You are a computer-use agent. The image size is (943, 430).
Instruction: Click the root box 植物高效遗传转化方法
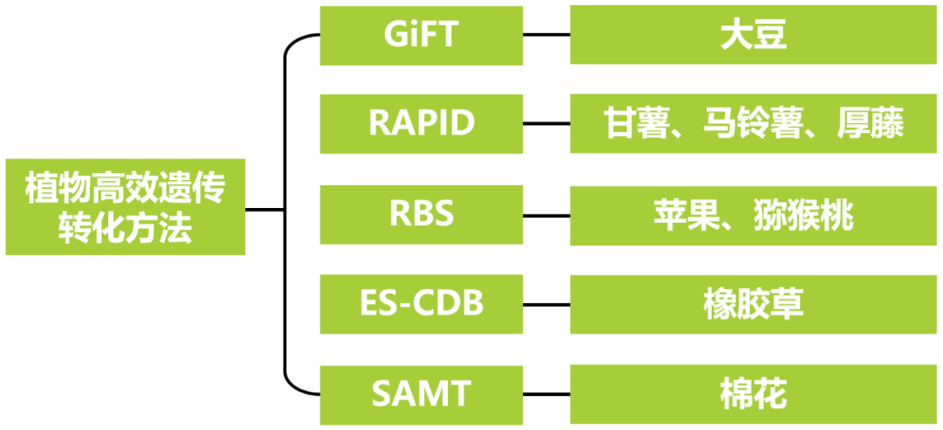[x=125, y=208]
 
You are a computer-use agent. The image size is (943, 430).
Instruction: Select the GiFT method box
[x=422, y=36]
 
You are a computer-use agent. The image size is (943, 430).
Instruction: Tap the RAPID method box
[x=422, y=123]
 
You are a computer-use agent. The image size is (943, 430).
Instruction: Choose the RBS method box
[x=422, y=213]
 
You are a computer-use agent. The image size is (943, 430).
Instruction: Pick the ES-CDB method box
[x=422, y=303]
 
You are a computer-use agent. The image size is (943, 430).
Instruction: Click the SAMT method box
[x=422, y=394]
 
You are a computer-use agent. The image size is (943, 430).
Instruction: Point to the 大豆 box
[x=754, y=36]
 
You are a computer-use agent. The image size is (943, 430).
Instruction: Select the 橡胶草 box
[x=754, y=303]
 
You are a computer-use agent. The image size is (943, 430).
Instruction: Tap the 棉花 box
[x=754, y=394]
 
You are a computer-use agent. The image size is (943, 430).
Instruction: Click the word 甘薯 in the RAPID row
[x=634, y=124]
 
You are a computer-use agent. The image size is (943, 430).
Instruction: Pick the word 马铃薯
[x=754, y=124]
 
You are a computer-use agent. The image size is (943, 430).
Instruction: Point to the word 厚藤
[x=870, y=124]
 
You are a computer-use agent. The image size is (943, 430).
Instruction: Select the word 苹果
[x=684, y=214]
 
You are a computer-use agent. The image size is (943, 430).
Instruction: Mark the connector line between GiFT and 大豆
[x=547, y=36]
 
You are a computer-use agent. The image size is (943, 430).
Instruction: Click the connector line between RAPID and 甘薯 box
[x=547, y=123]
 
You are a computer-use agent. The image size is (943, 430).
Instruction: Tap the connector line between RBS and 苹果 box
[x=547, y=213]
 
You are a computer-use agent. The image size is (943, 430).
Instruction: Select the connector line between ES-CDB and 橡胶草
[x=547, y=303]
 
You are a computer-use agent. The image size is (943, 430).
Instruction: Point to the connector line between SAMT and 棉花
[x=547, y=394]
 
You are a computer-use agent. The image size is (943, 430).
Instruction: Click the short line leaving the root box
[x=265, y=210]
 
